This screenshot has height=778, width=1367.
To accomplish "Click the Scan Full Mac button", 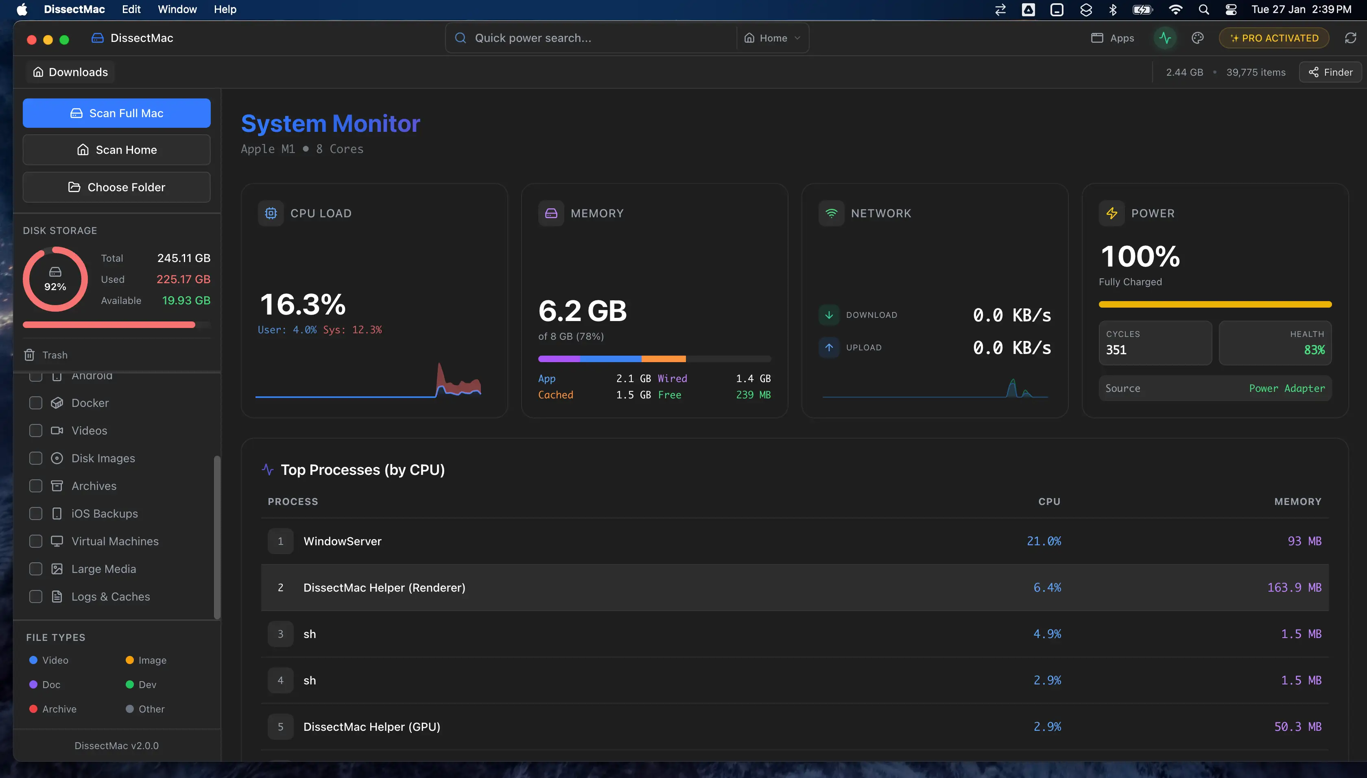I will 116,113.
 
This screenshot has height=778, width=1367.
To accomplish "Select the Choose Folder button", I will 116,187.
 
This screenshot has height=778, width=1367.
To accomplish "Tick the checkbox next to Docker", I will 36,403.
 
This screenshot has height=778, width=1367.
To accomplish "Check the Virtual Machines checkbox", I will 36,541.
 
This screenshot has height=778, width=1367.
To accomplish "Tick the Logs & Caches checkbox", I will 36,597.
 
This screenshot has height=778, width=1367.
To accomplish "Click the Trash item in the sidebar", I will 55,355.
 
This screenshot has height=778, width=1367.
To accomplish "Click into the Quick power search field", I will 587,38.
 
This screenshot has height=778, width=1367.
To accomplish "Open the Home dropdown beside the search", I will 773,38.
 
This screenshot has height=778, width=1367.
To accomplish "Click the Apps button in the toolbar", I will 1113,38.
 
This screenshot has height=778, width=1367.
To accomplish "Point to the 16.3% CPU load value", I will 303,305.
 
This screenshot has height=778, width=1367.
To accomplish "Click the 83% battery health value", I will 1314,350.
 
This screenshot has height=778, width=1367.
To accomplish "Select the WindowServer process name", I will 343,541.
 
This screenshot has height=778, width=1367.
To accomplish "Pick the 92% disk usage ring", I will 55,279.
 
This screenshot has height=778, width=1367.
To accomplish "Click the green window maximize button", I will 64,39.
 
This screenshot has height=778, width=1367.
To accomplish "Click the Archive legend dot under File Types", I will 33,709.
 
